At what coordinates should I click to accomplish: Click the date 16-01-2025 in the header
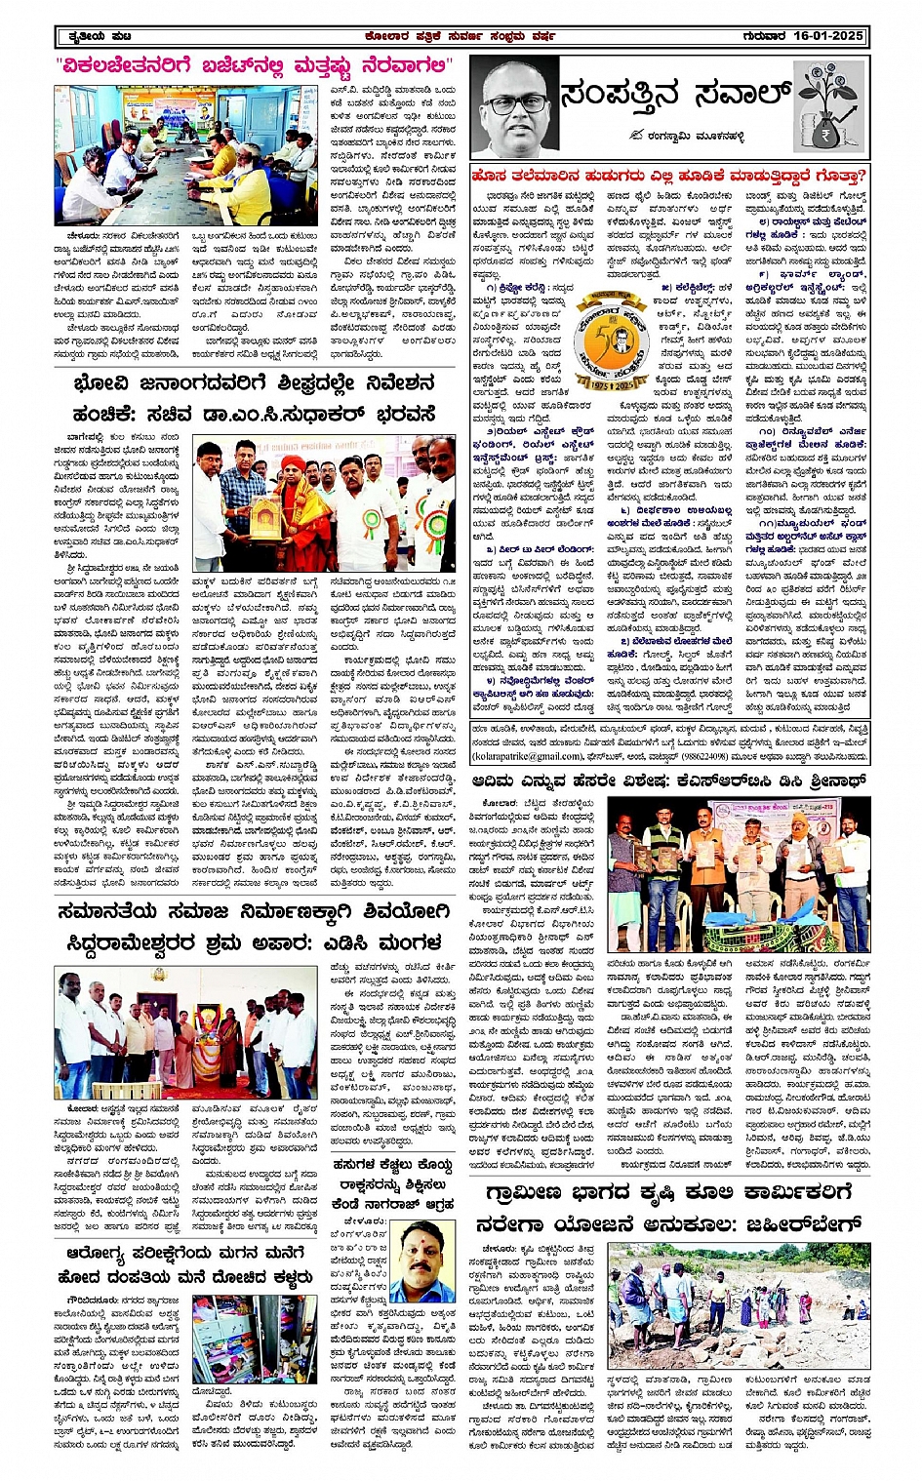tap(828, 36)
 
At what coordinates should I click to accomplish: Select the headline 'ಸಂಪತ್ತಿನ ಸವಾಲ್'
tap(673, 97)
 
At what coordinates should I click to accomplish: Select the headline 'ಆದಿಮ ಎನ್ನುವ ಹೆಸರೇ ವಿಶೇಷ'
tap(669, 780)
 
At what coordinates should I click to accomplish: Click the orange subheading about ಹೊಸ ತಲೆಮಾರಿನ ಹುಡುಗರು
tap(668, 177)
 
